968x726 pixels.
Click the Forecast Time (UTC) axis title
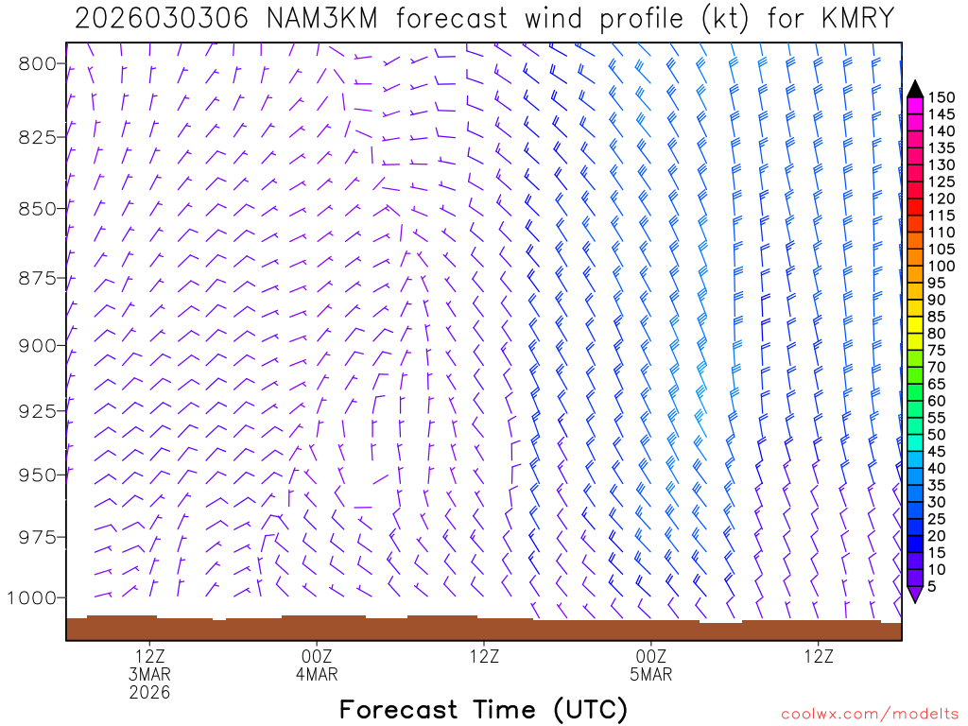click(x=483, y=709)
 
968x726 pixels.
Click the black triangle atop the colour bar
click(x=914, y=89)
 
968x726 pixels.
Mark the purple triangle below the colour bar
click(x=914, y=594)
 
